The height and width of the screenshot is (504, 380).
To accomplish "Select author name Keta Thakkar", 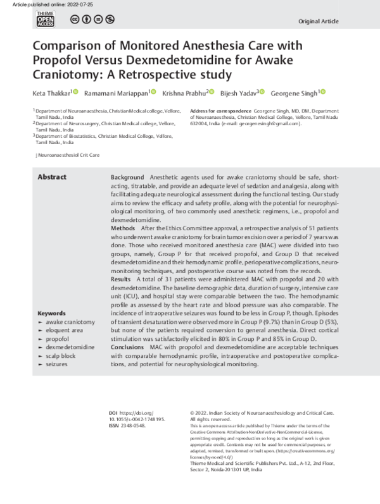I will [51, 93].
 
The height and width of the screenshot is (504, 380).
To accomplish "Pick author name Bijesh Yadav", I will [236, 93].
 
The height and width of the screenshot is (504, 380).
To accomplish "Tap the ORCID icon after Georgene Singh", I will [322, 92].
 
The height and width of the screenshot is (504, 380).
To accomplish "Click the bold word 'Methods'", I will [123, 227].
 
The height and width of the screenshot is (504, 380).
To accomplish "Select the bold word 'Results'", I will [121, 278].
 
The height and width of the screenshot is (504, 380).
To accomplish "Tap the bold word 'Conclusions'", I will [127, 348].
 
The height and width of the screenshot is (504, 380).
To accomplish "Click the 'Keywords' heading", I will [52, 313].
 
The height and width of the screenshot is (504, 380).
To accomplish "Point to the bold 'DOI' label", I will [113, 412].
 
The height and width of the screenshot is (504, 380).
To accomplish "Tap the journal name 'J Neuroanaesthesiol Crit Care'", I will [67, 155].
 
